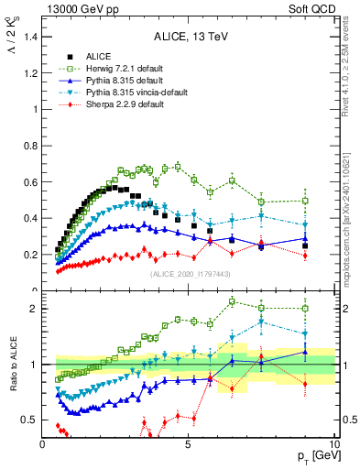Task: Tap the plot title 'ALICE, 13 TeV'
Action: click(188, 38)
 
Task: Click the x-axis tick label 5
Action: click(188, 445)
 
